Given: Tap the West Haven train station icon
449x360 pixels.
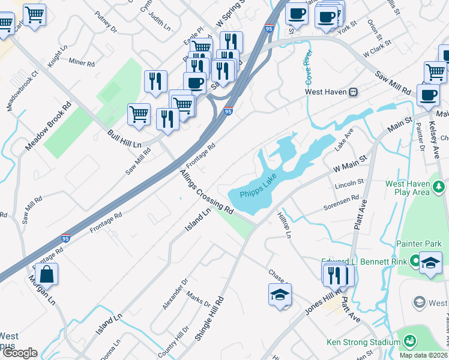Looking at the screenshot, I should click(354, 92).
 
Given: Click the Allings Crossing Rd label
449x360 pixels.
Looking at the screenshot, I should click(206, 192).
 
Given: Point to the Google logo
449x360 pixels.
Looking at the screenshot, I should click(19, 353).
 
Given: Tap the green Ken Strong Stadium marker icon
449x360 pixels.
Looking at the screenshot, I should click(410, 341).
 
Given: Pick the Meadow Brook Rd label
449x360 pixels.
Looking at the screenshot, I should click(48, 125).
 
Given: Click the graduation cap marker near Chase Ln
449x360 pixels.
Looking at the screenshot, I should click(280, 295).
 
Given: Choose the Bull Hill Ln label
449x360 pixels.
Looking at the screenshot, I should click(125, 139).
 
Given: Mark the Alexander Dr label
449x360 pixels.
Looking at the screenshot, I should click(175, 293).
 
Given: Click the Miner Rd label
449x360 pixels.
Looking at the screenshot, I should click(82, 62).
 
